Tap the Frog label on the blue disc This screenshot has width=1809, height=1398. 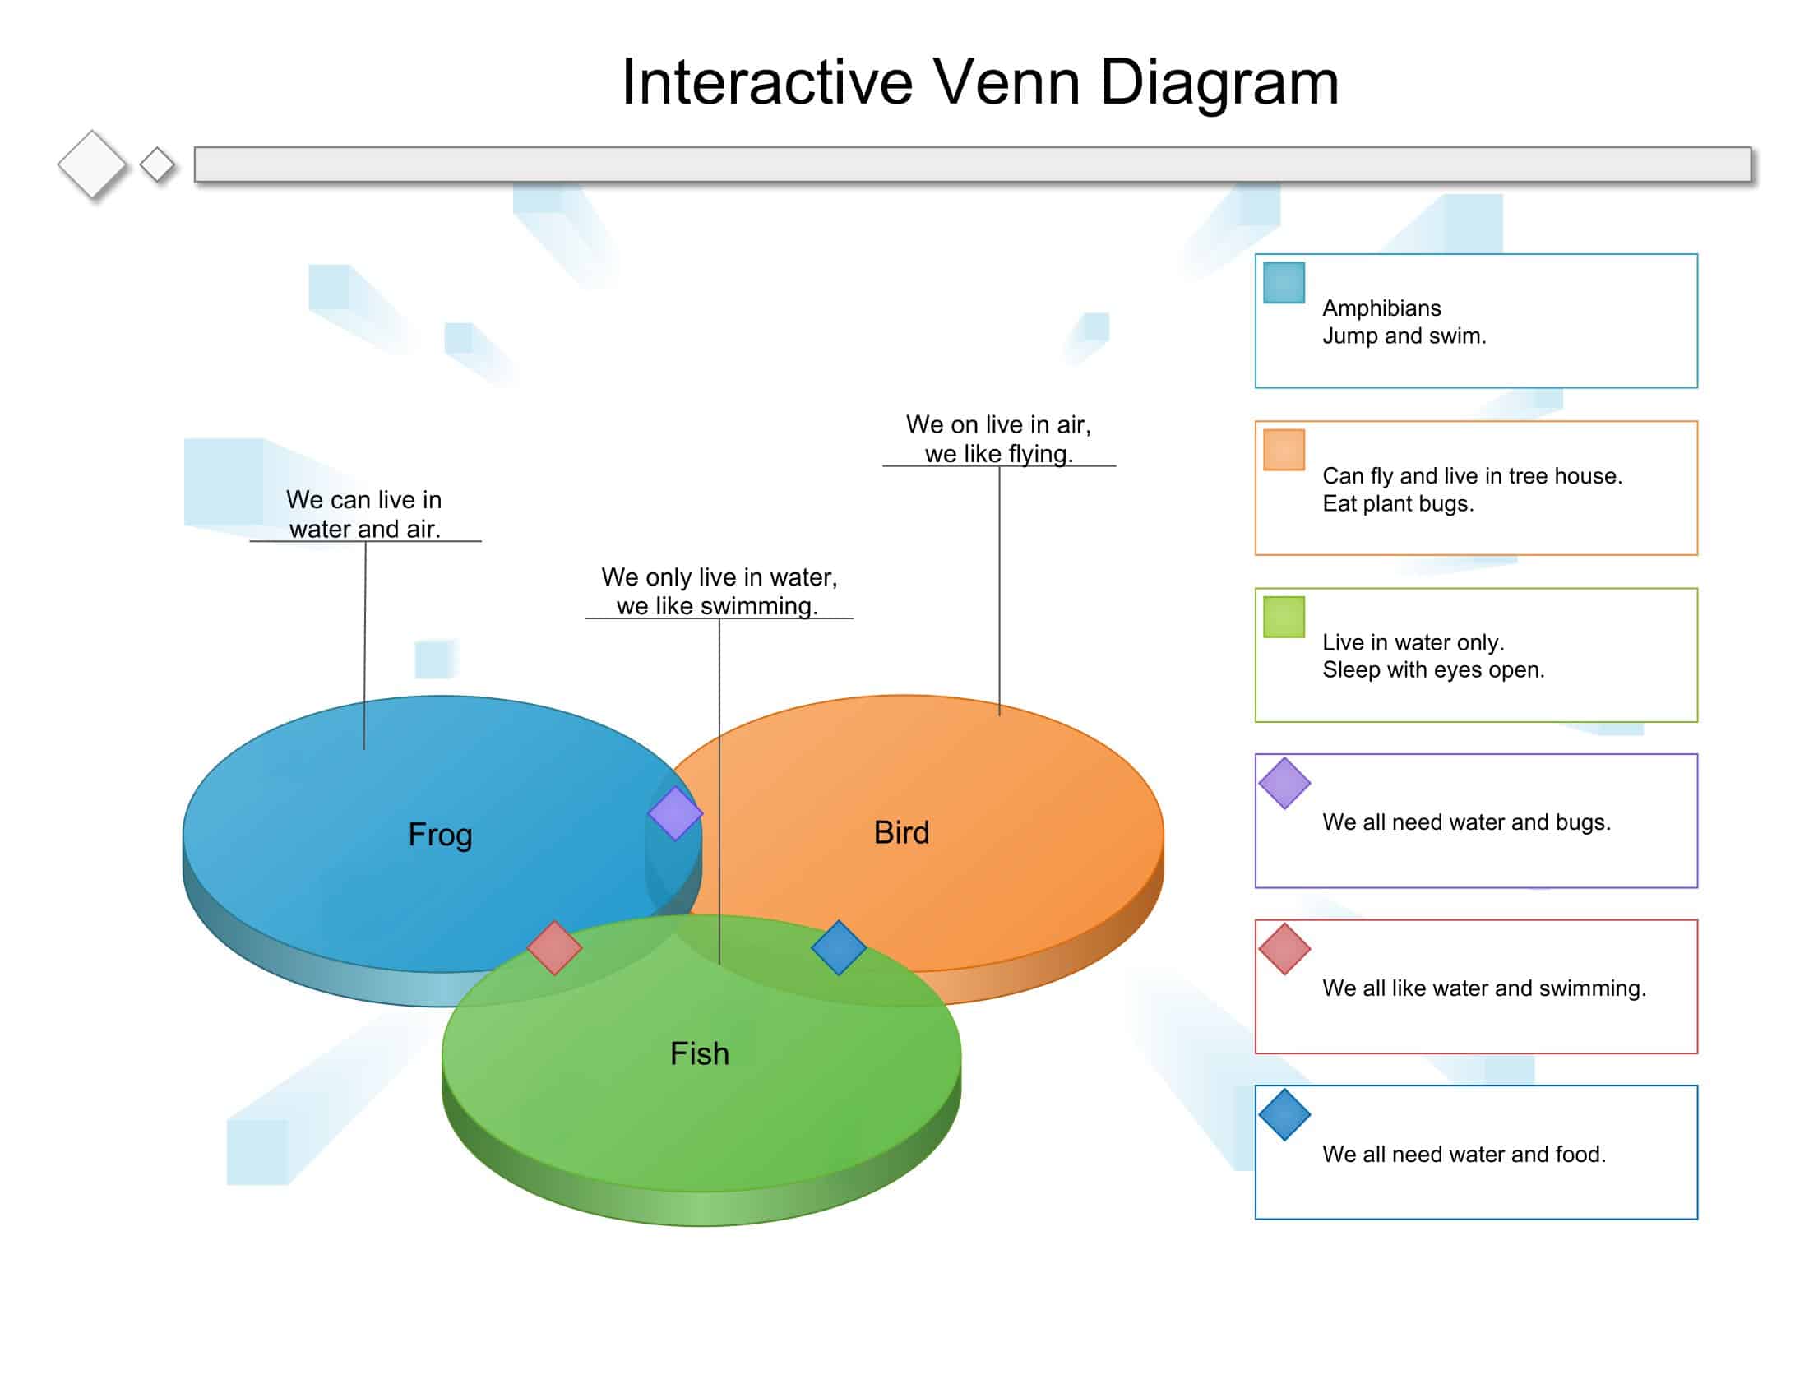pyautogui.click(x=440, y=834)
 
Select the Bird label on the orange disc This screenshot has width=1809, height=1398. pyautogui.click(x=901, y=832)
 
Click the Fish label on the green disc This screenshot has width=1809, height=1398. pyautogui.click(x=699, y=1053)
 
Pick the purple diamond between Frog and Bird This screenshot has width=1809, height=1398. pyautogui.click(x=675, y=813)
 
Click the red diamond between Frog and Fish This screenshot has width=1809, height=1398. pyautogui.click(x=554, y=947)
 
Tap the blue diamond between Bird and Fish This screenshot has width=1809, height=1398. pyautogui.click(x=838, y=947)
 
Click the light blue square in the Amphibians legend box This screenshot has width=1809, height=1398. pyautogui.click(x=1284, y=282)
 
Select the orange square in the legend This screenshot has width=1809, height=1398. pyautogui.click(x=1284, y=450)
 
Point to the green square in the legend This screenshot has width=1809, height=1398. pyautogui.click(x=1284, y=617)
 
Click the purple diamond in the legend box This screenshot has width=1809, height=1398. pyautogui.click(x=1284, y=783)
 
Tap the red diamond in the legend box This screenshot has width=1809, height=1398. pyautogui.click(x=1284, y=949)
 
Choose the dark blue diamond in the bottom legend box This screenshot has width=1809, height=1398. pyautogui.click(x=1284, y=1115)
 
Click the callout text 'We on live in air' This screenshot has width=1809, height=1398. pyautogui.click(x=998, y=425)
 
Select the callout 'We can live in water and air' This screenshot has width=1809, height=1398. pyautogui.click(x=364, y=513)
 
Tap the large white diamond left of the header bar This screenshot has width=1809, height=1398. pyautogui.click(x=92, y=164)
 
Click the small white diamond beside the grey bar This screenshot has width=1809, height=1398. pyautogui.click(x=156, y=164)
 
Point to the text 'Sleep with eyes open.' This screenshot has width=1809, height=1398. pyautogui.click(x=1433, y=669)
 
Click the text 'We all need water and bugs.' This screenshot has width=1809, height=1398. pyautogui.click(x=1466, y=822)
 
